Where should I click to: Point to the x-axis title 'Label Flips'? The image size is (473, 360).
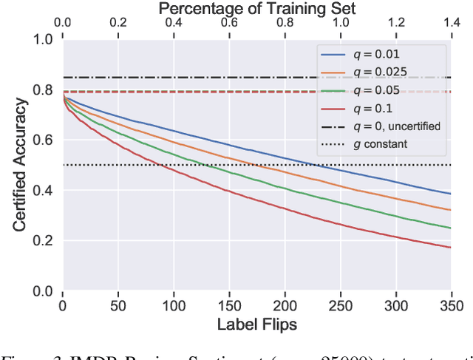[256, 324]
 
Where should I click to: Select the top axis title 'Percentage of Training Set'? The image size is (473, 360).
[256, 9]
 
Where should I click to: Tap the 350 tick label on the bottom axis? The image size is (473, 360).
[450, 305]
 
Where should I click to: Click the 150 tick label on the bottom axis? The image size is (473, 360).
[229, 305]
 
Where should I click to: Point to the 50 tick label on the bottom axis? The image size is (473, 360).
[118, 305]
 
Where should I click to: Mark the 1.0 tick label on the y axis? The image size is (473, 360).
[44, 39]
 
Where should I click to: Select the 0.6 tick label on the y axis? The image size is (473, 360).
[44, 140]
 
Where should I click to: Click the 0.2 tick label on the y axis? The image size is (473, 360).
[44, 241]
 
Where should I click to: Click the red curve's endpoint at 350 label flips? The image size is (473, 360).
[450, 247]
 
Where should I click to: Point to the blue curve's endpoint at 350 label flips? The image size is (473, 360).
[450, 194]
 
